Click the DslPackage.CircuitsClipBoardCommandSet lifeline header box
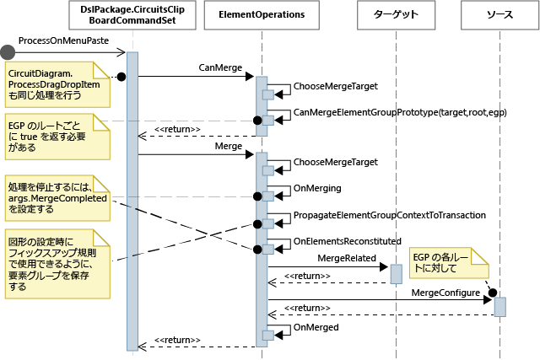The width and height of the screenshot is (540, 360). (x=132, y=14)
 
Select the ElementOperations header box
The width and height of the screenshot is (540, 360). (x=261, y=14)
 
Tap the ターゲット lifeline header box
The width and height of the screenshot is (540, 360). (x=396, y=14)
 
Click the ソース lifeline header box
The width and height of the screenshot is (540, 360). (x=499, y=14)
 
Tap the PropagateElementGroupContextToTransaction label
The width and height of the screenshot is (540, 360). (x=389, y=215)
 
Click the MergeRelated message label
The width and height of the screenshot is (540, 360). (x=348, y=257)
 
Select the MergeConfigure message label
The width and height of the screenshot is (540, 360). (x=446, y=291)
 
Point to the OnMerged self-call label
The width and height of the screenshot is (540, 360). (x=315, y=326)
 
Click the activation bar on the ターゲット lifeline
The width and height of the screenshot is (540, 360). (x=396, y=274)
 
